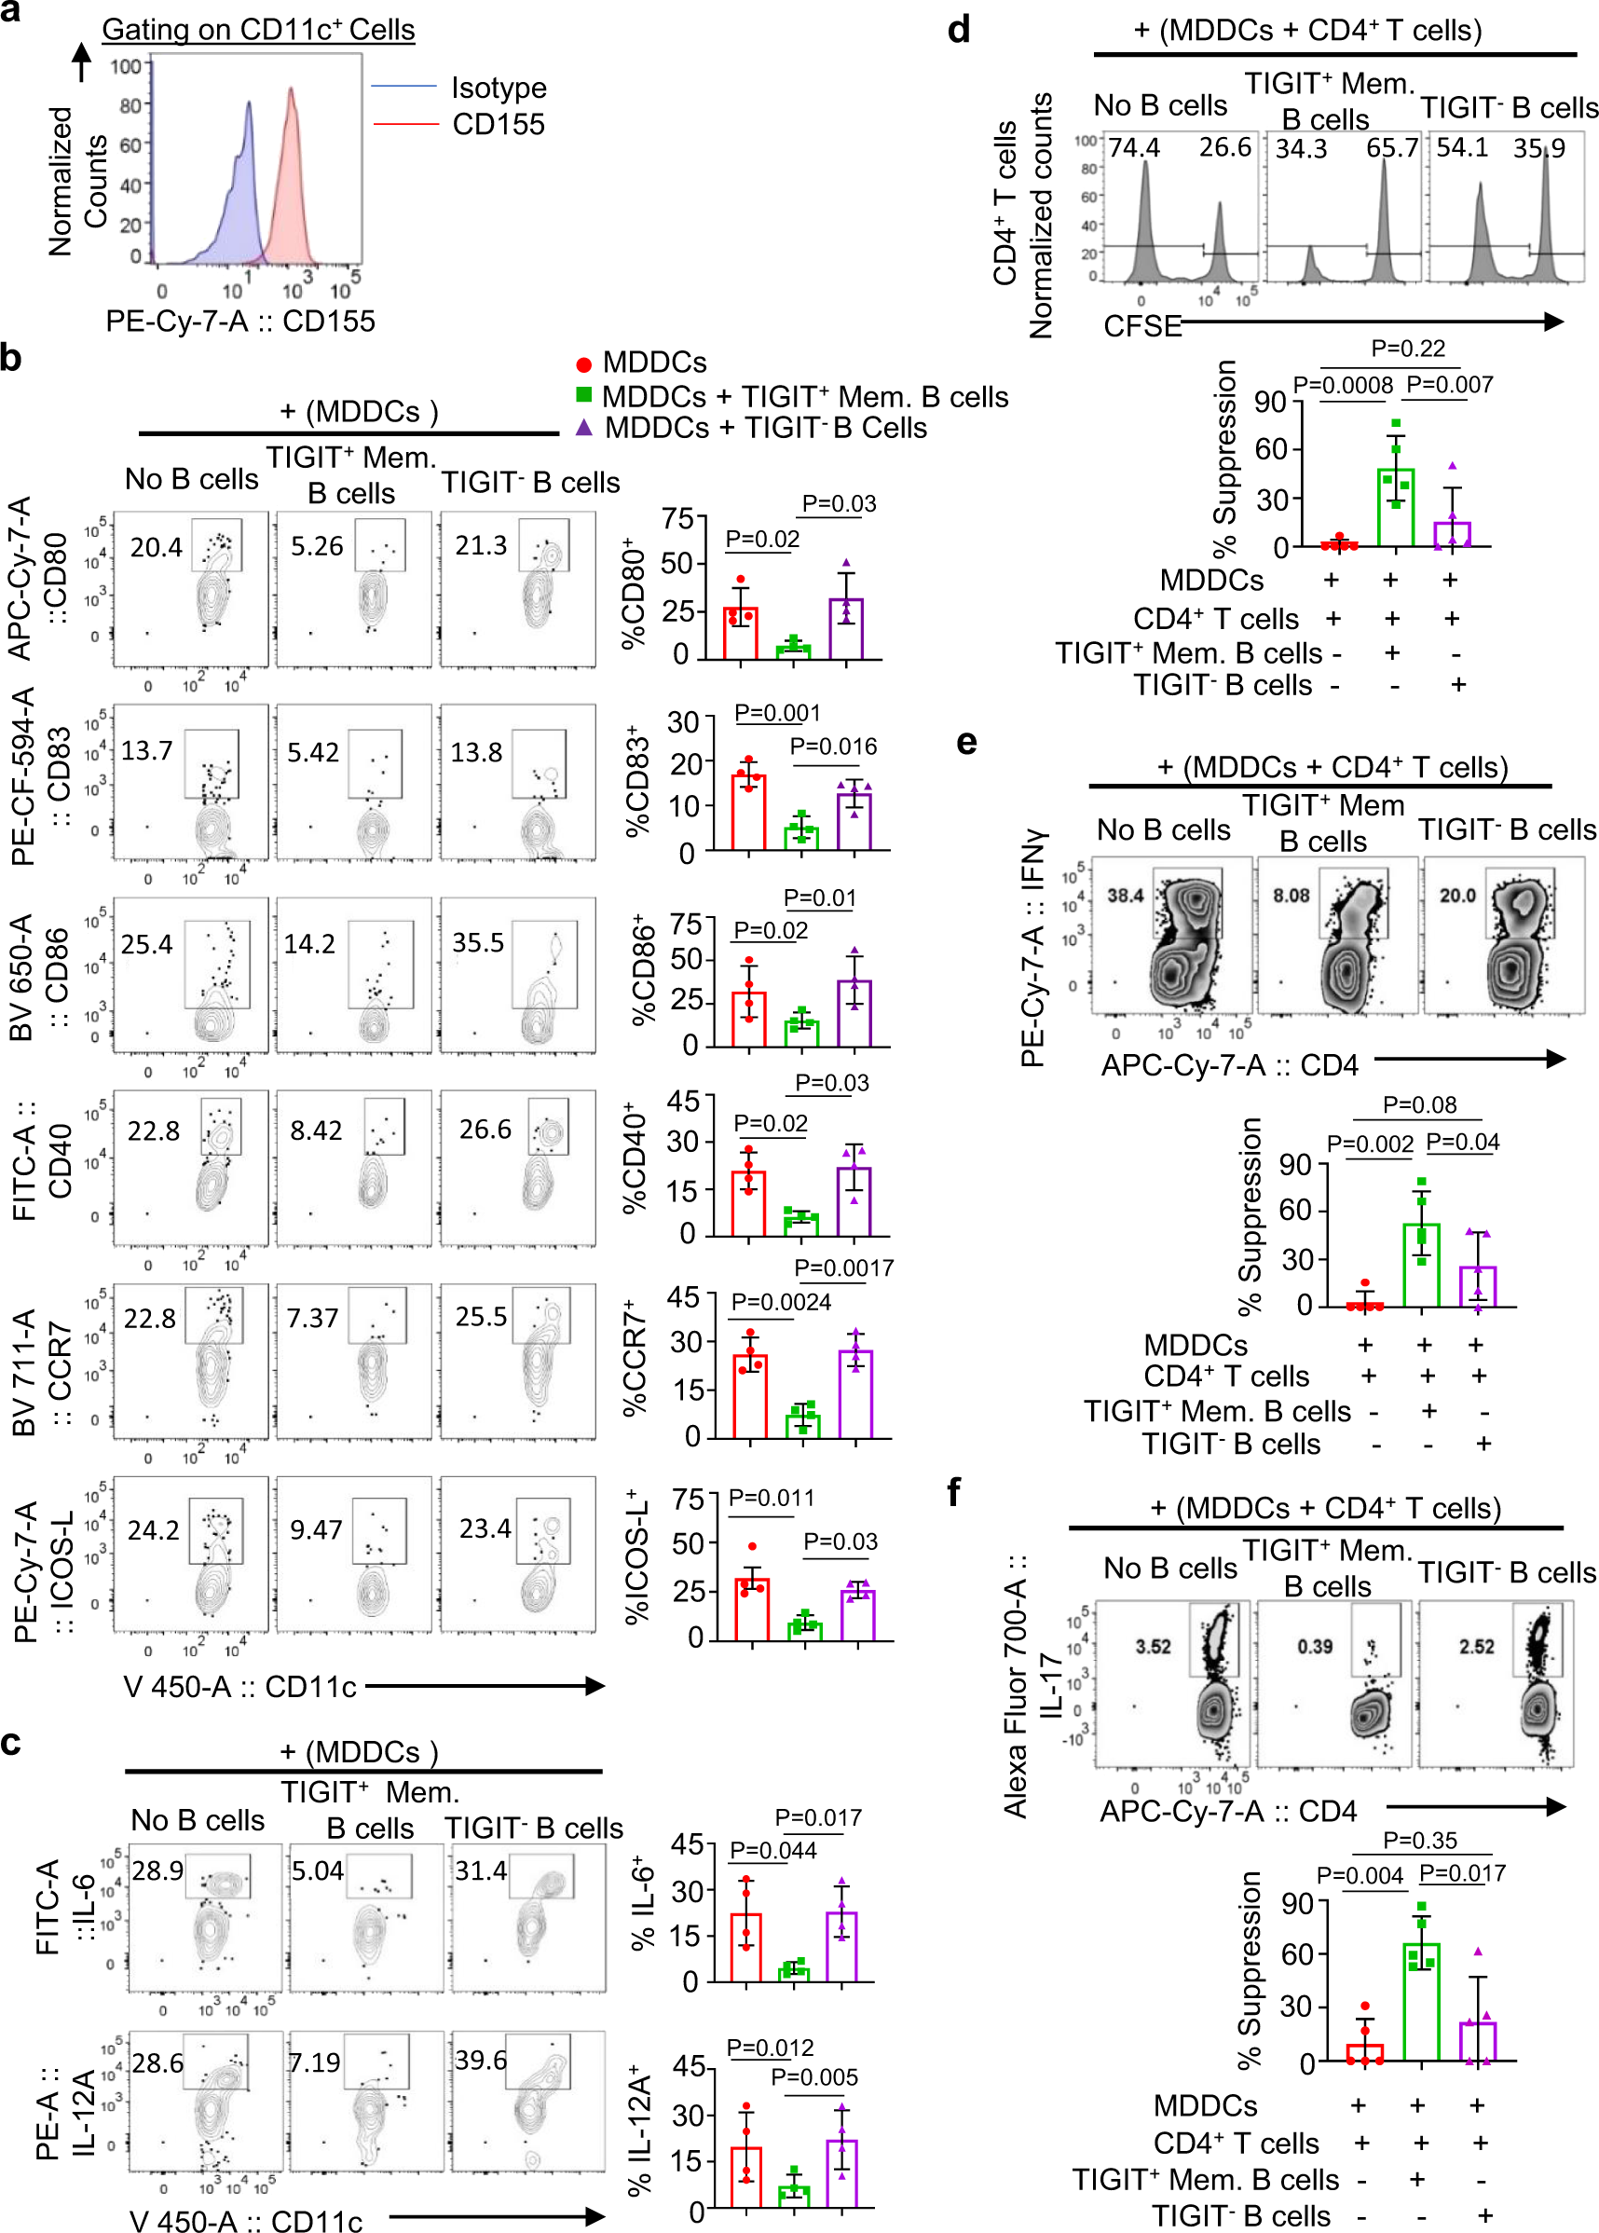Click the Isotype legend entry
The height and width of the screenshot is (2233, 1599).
pyautogui.click(x=499, y=88)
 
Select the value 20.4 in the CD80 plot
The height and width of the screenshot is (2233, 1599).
pyautogui.click(x=156, y=546)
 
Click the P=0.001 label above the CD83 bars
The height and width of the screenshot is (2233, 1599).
pyautogui.click(x=777, y=712)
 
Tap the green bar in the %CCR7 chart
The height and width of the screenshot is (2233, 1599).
pyautogui.click(x=803, y=1425)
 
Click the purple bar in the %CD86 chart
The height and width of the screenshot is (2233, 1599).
pyautogui.click(x=854, y=1013)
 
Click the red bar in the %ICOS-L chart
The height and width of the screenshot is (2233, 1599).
pyautogui.click(x=752, y=1610)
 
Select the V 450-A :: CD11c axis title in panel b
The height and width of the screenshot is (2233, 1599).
pyautogui.click(x=239, y=1687)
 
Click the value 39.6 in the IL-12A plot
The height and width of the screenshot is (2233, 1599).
pyautogui.click(x=481, y=2061)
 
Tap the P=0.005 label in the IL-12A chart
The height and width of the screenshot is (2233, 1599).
pyautogui.click(x=814, y=2076)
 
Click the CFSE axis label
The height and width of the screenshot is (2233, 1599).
pyautogui.click(x=1142, y=326)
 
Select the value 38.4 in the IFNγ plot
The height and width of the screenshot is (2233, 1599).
pyautogui.click(x=1125, y=895)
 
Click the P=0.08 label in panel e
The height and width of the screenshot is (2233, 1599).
pyautogui.click(x=1419, y=1104)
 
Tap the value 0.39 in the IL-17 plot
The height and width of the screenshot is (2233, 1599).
pyautogui.click(x=1315, y=1647)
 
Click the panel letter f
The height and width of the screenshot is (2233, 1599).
pyautogui.click(x=953, y=1492)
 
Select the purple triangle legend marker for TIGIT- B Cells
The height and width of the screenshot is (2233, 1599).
pyautogui.click(x=584, y=427)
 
